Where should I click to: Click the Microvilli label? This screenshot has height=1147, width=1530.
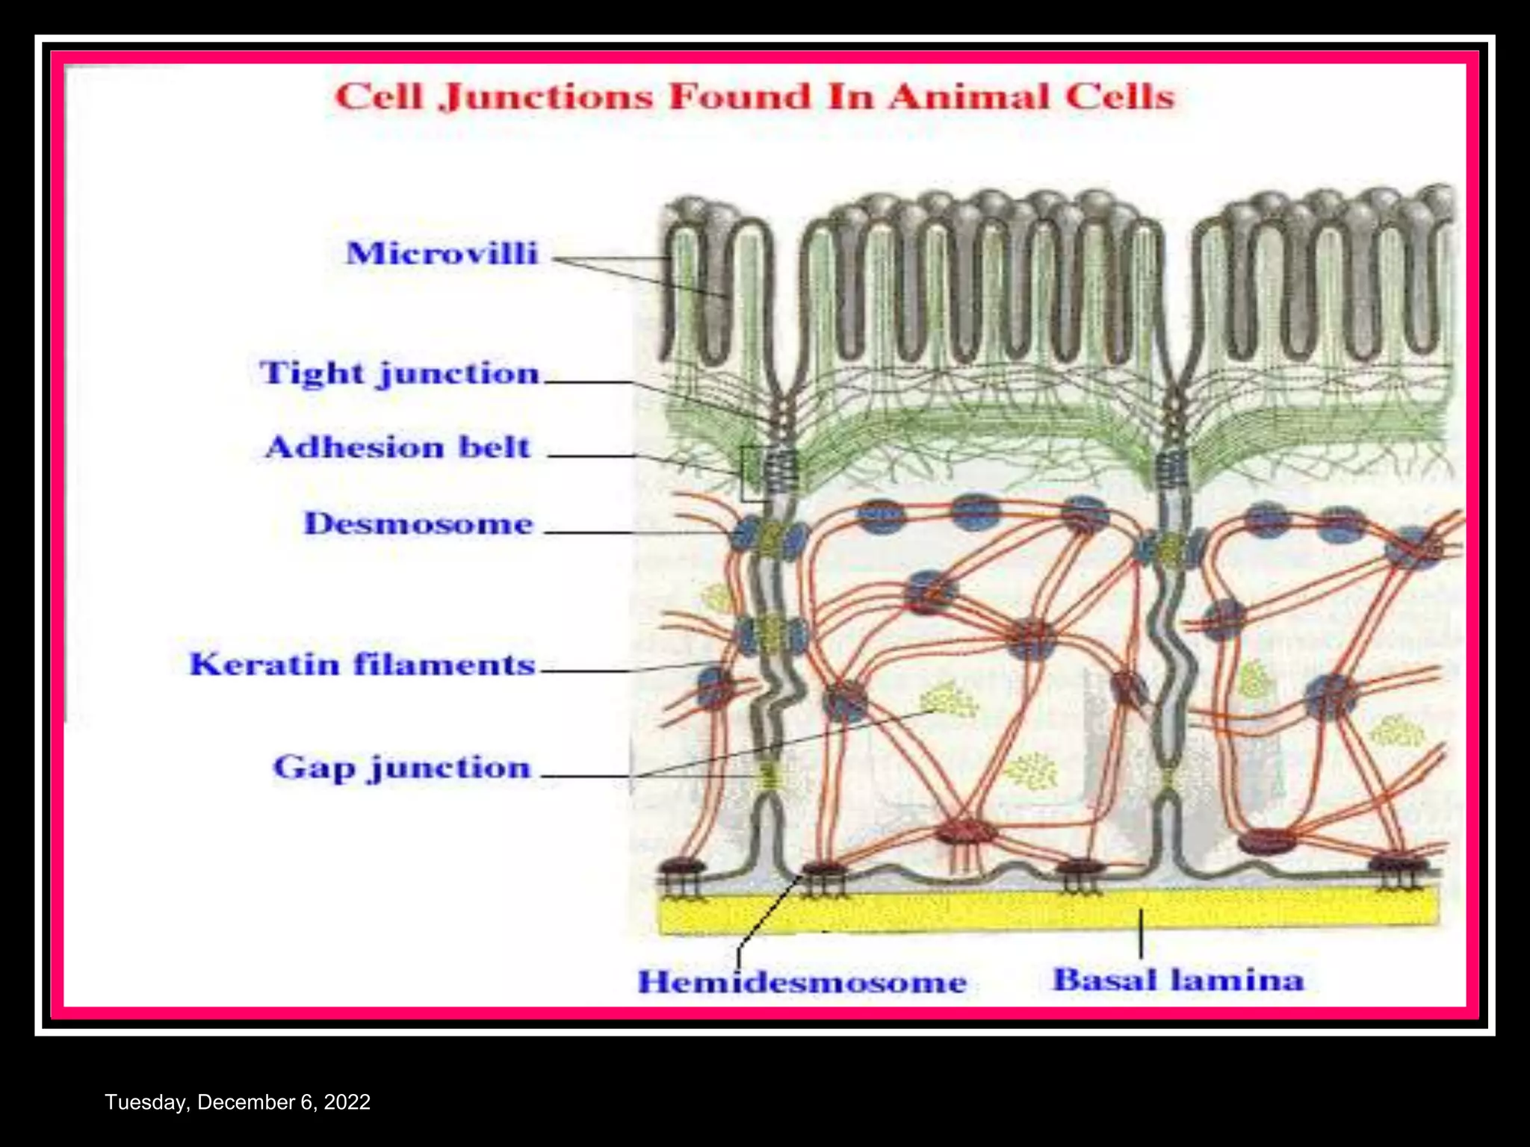pos(442,254)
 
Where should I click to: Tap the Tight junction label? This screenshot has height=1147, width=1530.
pos(400,373)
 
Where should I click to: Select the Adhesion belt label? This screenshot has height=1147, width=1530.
pos(398,448)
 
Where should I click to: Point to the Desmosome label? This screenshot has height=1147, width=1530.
pos(418,524)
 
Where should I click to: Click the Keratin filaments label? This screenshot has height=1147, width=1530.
pos(362,665)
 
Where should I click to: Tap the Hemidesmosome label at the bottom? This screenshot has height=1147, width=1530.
pos(802,982)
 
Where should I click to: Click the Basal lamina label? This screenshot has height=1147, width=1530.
pos(1178,980)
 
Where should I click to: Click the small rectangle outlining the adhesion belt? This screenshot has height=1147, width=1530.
pos(752,473)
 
